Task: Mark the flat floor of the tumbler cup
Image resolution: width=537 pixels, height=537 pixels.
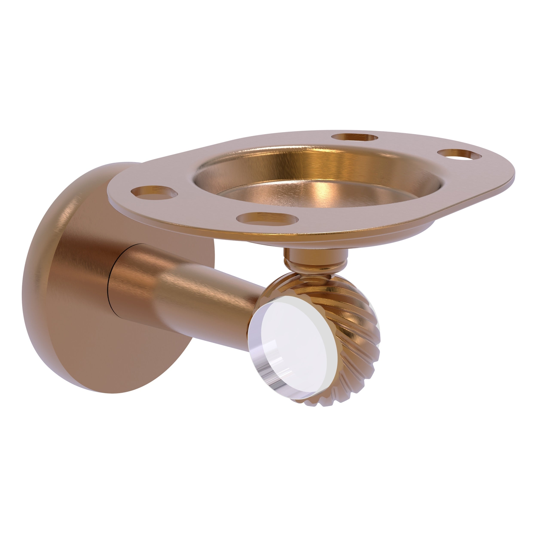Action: (314, 195)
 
